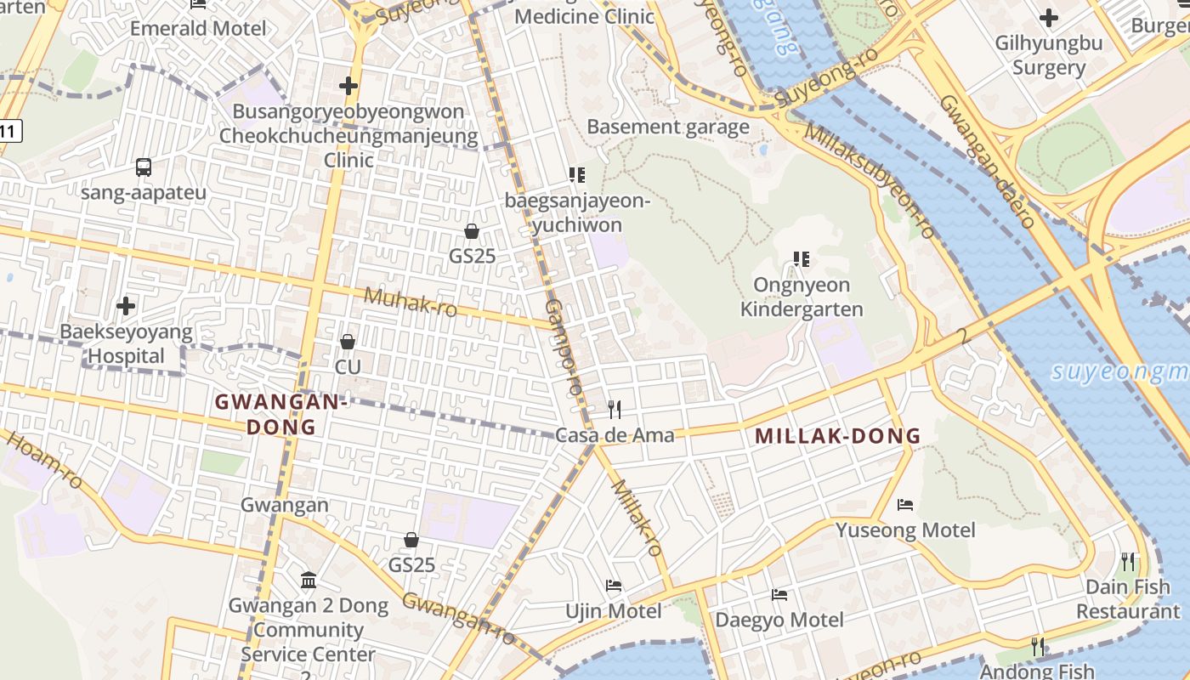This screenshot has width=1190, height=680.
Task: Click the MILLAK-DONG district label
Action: pyautogui.click(x=837, y=436)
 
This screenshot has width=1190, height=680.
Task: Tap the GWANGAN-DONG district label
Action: pyautogui.click(x=281, y=414)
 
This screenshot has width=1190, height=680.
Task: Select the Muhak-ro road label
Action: pyautogui.click(x=411, y=302)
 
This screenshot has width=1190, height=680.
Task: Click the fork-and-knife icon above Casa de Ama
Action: pyautogui.click(x=615, y=410)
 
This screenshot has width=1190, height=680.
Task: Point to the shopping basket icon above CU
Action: pyautogui.click(x=348, y=342)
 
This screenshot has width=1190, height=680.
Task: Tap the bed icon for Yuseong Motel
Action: pyautogui.click(x=905, y=505)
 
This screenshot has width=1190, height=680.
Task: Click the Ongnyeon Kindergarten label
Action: pyautogui.click(x=802, y=297)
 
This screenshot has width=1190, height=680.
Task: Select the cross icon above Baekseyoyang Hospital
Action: pyautogui.click(x=126, y=305)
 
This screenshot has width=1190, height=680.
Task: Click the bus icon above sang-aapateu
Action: pyautogui.click(x=144, y=167)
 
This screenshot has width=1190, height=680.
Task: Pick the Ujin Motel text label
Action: pyautogui.click(x=614, y=611)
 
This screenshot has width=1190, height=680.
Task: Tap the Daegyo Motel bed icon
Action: pyautogui.click(x=779, y=594)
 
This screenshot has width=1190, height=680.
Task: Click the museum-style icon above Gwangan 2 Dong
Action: pyautogui.click(x=309, y=581)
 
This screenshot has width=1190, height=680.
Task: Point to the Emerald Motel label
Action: pyautogui.click(x=198, y=28)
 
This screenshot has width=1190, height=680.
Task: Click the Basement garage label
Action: pyautogui.click(x=668, y=127)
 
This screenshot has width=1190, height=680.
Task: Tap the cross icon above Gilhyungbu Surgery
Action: pyautogui.click(x=1049, y=17)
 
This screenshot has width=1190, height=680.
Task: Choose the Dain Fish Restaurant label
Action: pyautogui.click(x=1128, y=598)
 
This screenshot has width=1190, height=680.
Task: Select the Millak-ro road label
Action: pyautogui.click(x=637, y=517)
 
